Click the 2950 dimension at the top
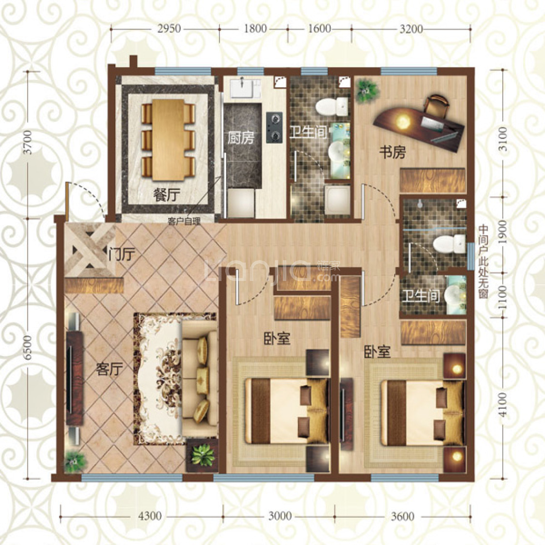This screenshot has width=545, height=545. point(169,29)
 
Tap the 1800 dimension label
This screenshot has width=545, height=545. point(255,29)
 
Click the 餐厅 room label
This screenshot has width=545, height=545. point(166,196)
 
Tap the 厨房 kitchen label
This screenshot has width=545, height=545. point(241,138)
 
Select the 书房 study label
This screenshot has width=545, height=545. point(392,153)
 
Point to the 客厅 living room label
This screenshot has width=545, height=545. point(108,370)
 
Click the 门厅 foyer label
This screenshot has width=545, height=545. point(121,254)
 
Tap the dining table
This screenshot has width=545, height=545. point(168,139)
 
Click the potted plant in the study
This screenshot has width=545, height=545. point(366,90)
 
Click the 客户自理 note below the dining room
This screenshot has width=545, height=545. point(184,221)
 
